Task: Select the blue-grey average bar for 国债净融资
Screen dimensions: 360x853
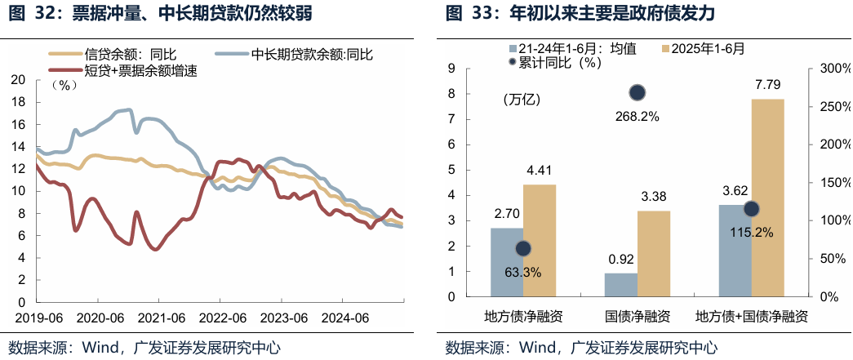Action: click(x=620, y=284)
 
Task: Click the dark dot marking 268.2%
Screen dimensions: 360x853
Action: click(x=637, y=93)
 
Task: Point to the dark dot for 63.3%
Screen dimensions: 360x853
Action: click(x=523, y=249)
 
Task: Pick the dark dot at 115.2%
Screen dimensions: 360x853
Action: click(x=751, y=209)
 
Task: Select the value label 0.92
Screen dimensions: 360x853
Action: click(x=620, y=260)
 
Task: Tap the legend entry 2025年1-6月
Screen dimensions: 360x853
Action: click(x=707, y=48)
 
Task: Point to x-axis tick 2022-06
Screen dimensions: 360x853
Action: click(x=223, y=318)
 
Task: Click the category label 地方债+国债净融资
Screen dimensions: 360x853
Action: click(x=751, y=317)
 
